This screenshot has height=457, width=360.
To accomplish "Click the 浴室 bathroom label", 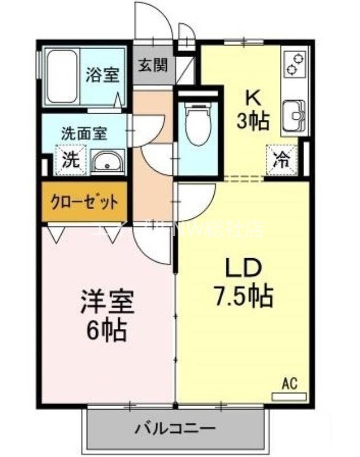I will point(103,75).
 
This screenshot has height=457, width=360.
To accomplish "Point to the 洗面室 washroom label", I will point(84,134).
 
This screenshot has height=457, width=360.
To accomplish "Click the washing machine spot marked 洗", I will point(69,159).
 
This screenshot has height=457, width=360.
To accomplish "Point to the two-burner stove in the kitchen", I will point(294,65).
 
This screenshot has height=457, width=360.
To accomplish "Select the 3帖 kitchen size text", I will point(253,122).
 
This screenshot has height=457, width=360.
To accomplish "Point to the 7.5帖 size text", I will point(243,295).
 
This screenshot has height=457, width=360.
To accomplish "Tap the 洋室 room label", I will point(107,303).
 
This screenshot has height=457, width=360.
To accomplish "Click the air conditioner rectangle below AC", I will point(293,395).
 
